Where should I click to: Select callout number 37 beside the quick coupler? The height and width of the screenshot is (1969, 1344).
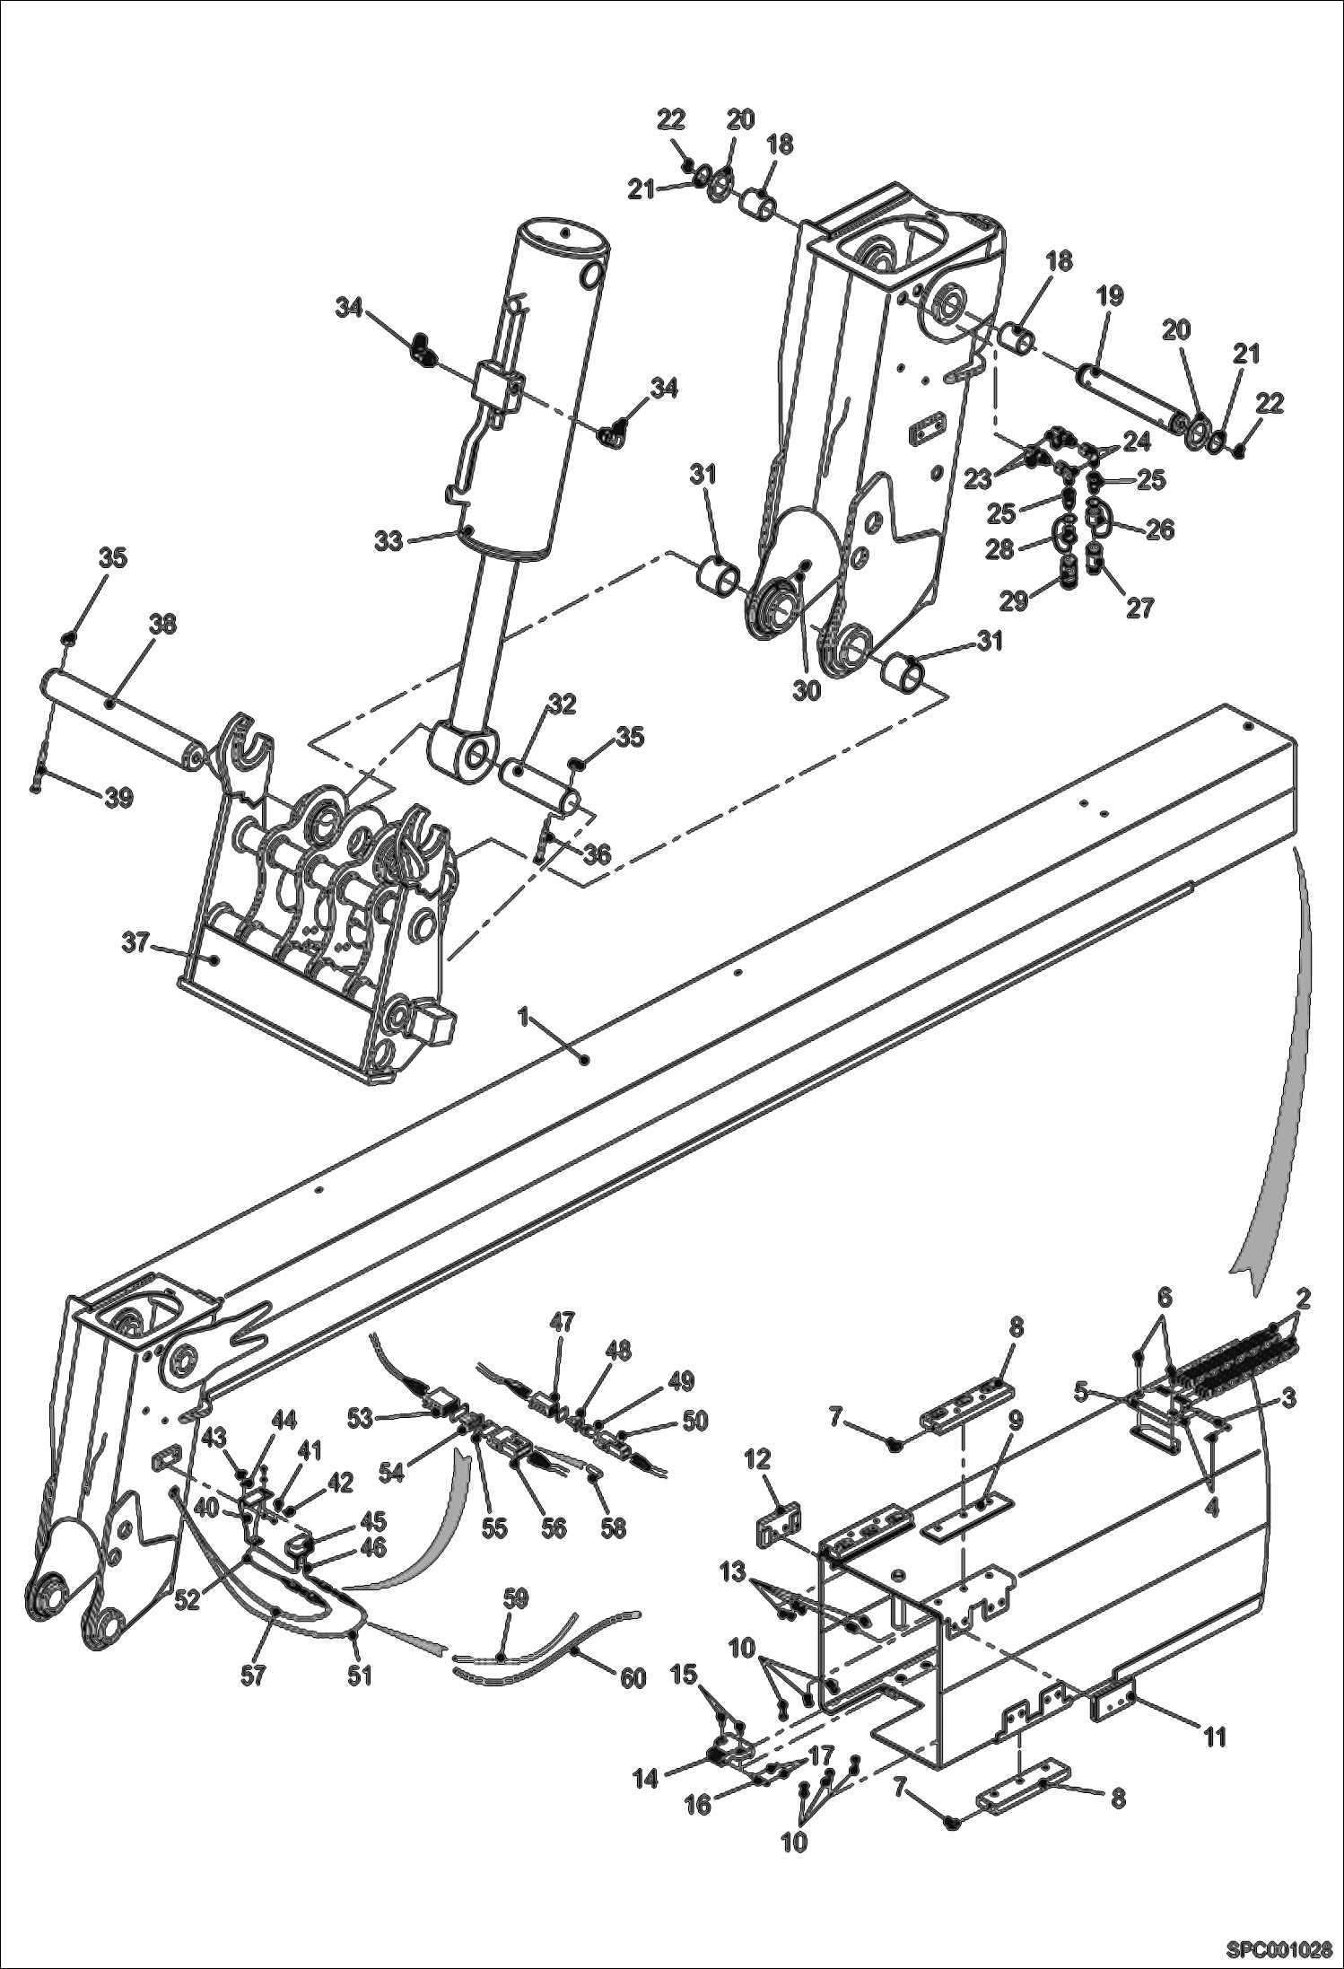(135, 944)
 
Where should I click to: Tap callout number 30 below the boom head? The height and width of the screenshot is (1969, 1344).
(807, 692)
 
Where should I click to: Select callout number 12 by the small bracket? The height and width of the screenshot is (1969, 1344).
(758, 1460)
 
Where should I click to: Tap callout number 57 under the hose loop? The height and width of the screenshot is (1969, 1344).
(253, 1675)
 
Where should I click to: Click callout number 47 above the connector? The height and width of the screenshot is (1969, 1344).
(563, 1323)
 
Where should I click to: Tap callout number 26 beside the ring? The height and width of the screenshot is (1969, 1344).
(1160, 529)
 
